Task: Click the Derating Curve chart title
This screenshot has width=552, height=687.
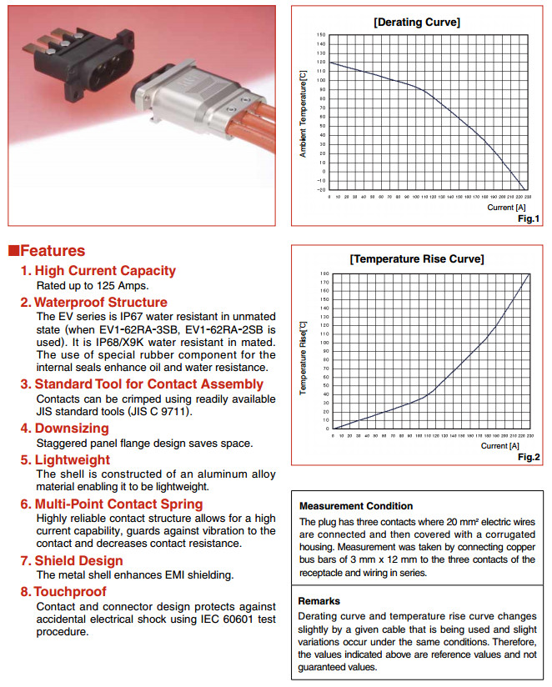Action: (x=416, y=23)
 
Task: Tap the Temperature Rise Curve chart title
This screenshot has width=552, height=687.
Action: (x=416, y=258)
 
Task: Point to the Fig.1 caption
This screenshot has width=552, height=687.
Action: (x=529, y=218)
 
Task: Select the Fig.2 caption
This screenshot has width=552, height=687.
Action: (x=529, y=457)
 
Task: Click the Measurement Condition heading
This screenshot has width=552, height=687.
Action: (x=355, y=505)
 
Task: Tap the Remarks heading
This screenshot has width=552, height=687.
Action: (x=320, y=599)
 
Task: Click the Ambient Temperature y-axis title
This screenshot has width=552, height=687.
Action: (x=304, y=113)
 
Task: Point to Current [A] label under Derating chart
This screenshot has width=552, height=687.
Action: (x=506, y=208)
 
